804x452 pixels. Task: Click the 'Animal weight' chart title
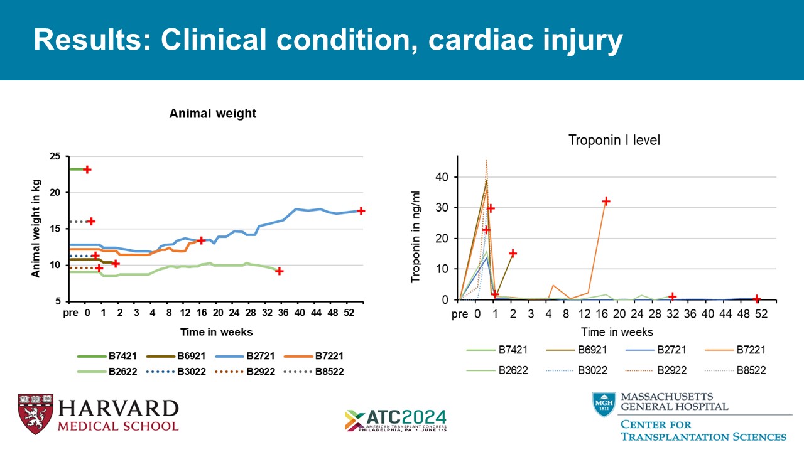(213, 114)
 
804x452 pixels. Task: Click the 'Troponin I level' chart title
(614, 141)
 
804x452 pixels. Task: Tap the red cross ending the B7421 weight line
(87, 169)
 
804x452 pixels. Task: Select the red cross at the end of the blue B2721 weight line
(361, 210)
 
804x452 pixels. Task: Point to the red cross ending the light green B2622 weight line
(280, 271)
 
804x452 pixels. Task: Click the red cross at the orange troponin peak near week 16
(606, 202)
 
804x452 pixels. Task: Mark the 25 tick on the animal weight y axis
(55, 156)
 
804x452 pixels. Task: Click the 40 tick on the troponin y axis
(443, 177)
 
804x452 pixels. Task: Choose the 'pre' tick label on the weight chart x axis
(70, 313)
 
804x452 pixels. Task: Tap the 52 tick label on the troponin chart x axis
(761, 314)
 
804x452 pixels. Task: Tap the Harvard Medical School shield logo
(35, 414)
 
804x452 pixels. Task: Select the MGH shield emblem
(604, 404)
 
